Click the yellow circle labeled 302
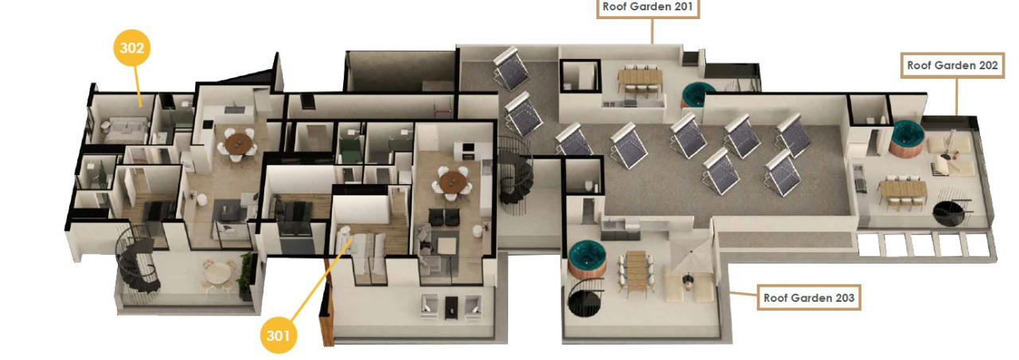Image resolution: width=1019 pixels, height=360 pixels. pos(132,49)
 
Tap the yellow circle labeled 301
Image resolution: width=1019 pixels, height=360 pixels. pos(279,335)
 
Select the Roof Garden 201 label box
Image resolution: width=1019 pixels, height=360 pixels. pos(650,8)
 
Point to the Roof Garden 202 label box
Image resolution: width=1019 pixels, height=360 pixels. pos(952,65)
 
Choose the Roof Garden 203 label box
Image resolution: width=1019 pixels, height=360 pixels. pos(808,298)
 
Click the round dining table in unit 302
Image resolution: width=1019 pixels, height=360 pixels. pos(239,144)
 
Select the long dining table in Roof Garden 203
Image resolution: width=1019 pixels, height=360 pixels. pos(638,270)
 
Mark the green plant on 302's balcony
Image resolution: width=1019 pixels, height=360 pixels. pos(247,268)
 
